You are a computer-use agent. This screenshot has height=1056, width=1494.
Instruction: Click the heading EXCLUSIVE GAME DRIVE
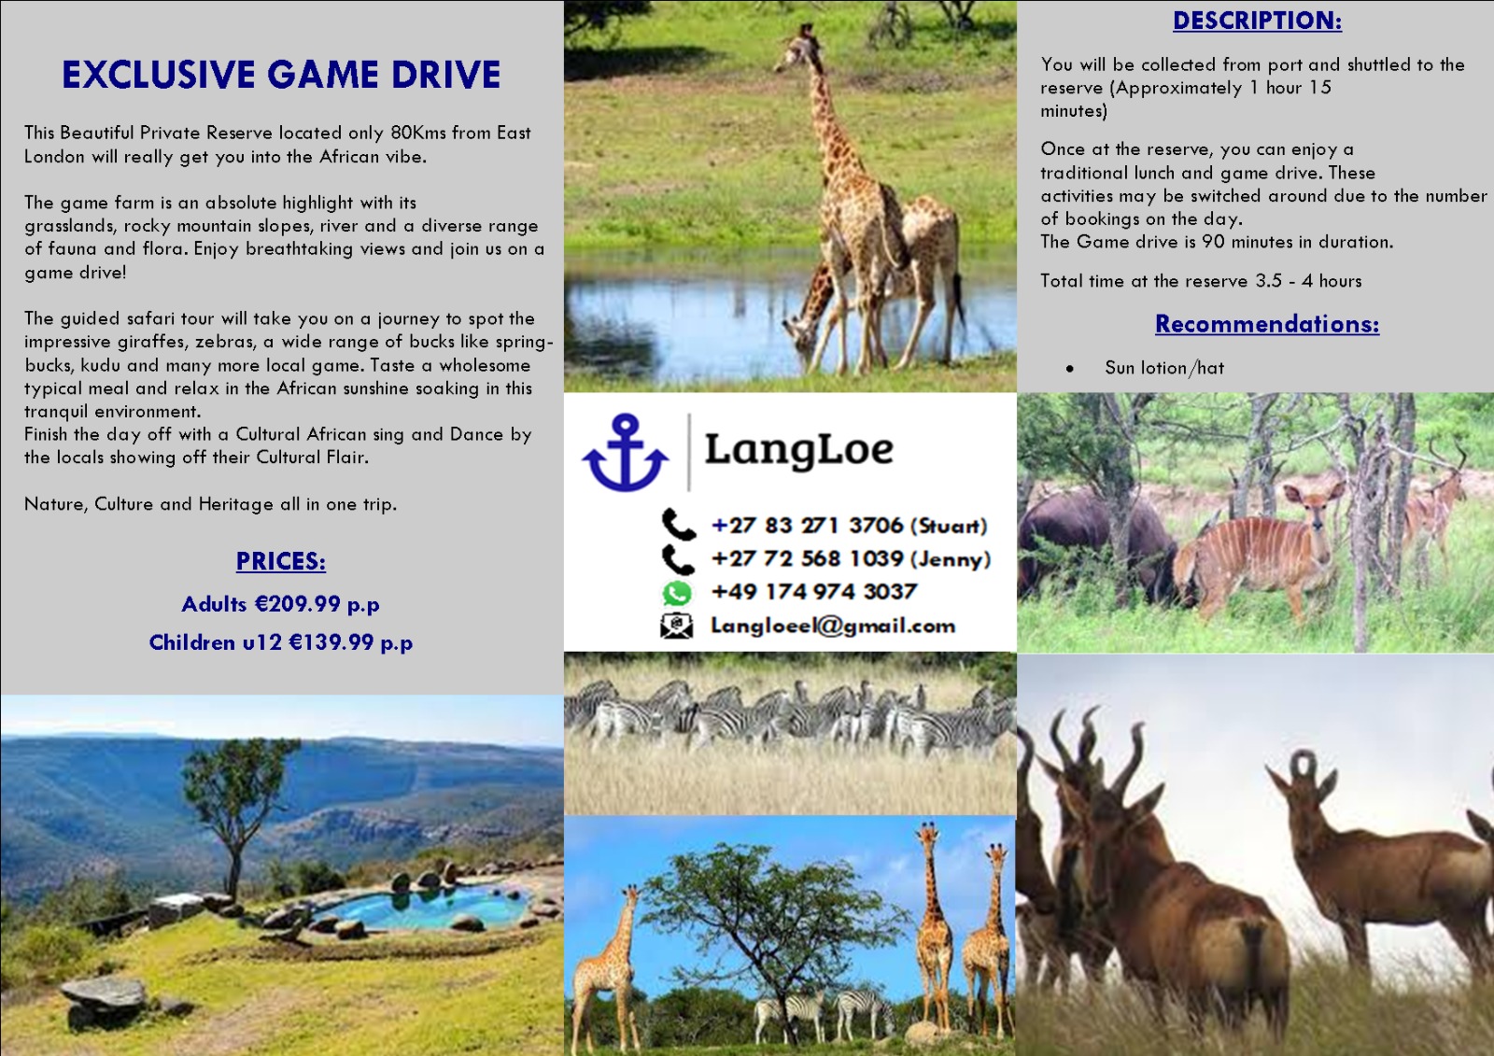281,74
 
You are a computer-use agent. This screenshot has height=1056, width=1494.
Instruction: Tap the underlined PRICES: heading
281,561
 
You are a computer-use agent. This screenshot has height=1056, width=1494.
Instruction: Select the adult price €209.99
298,604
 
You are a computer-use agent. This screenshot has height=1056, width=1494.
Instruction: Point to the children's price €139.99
331,642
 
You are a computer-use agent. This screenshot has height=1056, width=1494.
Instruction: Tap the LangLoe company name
799,450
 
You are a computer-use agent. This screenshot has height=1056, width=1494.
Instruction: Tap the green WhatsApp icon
677,593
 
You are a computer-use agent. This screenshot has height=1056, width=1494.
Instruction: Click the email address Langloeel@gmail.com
833,626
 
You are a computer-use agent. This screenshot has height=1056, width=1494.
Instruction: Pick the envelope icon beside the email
676,626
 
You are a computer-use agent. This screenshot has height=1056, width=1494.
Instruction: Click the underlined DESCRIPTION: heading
1257,21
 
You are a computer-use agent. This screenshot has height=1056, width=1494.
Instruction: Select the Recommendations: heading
1267,324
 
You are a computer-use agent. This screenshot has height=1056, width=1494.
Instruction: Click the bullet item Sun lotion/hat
1164,368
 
